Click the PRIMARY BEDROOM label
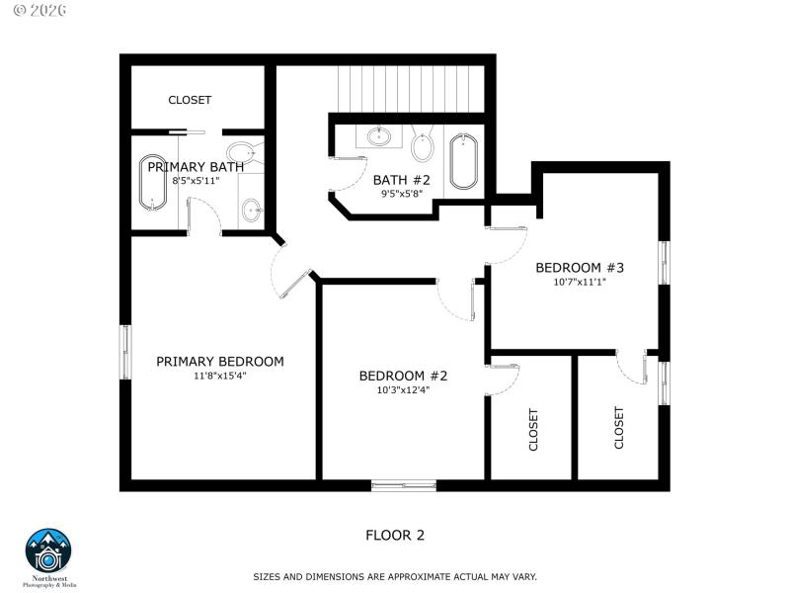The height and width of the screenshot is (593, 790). point(219,362)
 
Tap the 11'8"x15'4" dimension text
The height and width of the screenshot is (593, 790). point(219,376)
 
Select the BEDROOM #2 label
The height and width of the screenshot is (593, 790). point(403,376)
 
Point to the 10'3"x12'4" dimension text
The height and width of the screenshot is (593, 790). point(403,389)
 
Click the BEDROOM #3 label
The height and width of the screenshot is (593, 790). point(581,268)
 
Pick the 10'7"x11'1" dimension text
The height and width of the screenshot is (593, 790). point(581,282)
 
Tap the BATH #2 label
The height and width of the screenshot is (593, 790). point(402,180)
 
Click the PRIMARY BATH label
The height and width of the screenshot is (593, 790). point(196,167)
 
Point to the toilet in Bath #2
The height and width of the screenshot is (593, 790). point(423,147)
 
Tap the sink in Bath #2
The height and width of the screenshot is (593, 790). point(378,136)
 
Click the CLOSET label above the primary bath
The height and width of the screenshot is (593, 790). point(190,100)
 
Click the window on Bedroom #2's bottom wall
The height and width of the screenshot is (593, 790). point(403,484)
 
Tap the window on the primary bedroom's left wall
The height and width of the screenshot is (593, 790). point(125,352)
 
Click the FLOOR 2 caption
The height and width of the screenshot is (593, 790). point(395,536)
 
